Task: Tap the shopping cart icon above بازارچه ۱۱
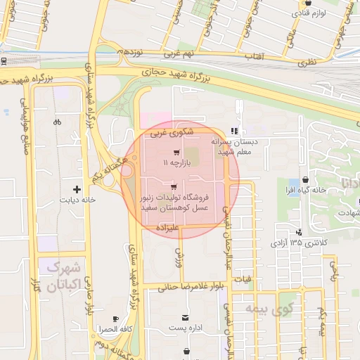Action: click(x=175, y=152)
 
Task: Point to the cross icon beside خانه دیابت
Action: click(x=77, y=189)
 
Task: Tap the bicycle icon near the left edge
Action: click(x=57, y=122)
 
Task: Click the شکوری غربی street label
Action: click(x=169, y=131)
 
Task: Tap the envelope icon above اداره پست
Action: click(x=185, y=318)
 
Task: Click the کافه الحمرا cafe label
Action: click(x=116, y=329)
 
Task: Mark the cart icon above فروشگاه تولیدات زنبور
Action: click(x=174, y=186)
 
